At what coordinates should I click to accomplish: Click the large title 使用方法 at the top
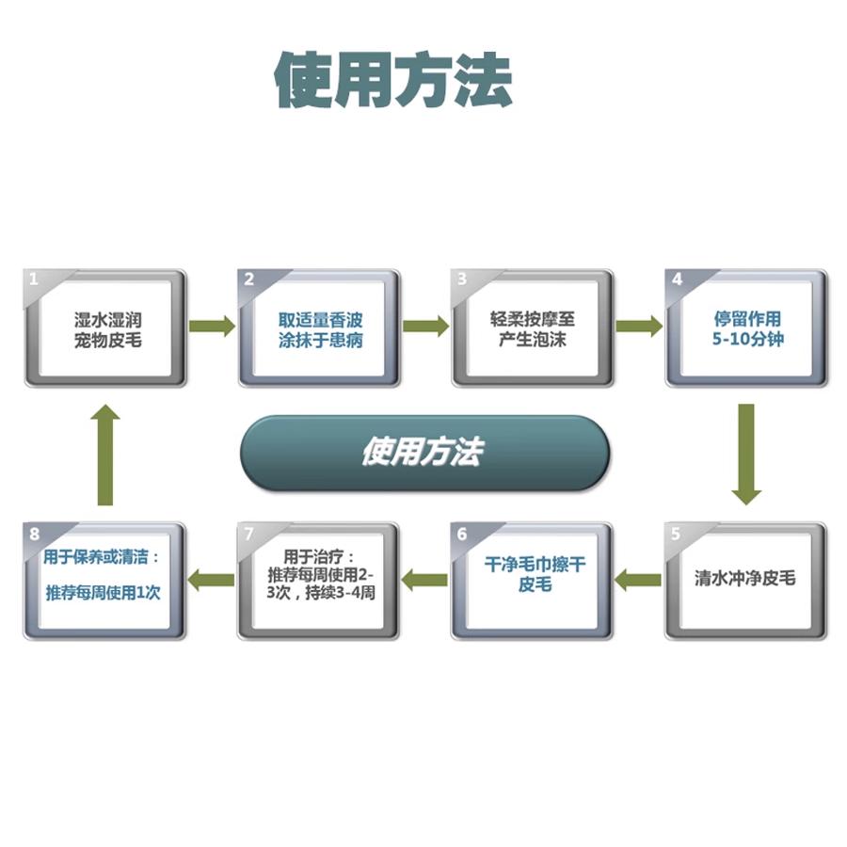pos(393,79)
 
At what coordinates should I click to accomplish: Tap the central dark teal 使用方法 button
pos(423,453)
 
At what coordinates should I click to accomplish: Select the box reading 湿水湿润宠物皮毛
pos(106,328)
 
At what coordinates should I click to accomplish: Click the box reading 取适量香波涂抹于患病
pos(320,328)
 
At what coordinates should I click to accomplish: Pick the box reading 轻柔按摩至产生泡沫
pos(533,328)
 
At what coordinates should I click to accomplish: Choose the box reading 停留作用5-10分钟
pos(747,328)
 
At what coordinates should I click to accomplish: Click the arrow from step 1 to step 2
pos(212,327)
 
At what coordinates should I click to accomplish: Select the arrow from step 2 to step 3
pos(426,327)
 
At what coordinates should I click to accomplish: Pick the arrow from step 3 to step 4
pos(639,327)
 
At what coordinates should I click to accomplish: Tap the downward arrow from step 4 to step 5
pos(746,454)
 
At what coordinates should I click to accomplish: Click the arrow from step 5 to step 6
pos(638,579)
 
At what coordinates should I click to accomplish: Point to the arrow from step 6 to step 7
pos(425,579)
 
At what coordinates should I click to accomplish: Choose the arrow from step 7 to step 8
pos(212,579)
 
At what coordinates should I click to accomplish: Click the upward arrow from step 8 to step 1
pos(105,454)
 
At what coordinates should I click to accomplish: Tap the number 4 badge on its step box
pos(677,280)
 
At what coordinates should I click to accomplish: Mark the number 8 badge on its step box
pos(35,534)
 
